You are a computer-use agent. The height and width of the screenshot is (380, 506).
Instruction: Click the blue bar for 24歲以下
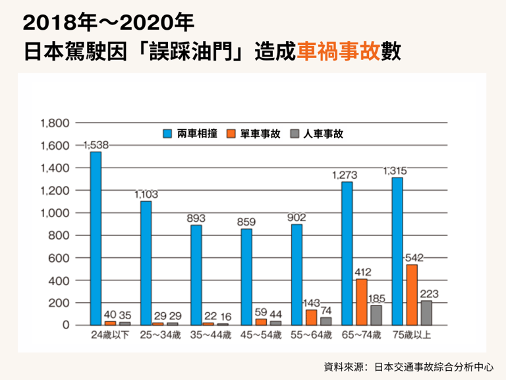coord(96,238)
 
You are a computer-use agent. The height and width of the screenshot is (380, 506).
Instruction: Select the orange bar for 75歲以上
coord(412,294)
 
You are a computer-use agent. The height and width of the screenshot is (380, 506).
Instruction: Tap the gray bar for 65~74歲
coord(376,315)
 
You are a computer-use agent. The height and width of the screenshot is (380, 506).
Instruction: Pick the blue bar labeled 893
coord(196,274)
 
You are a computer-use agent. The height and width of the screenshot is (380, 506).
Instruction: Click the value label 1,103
coord(146,195)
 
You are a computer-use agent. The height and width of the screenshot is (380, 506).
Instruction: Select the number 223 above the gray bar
coord(428,294)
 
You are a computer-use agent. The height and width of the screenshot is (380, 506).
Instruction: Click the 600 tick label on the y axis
coord(59,258)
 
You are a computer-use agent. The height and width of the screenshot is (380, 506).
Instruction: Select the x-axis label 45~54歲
coord(261,335)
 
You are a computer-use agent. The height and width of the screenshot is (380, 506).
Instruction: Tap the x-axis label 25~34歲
coord(160,335)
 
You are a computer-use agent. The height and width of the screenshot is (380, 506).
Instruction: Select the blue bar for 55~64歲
coord(297,274)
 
